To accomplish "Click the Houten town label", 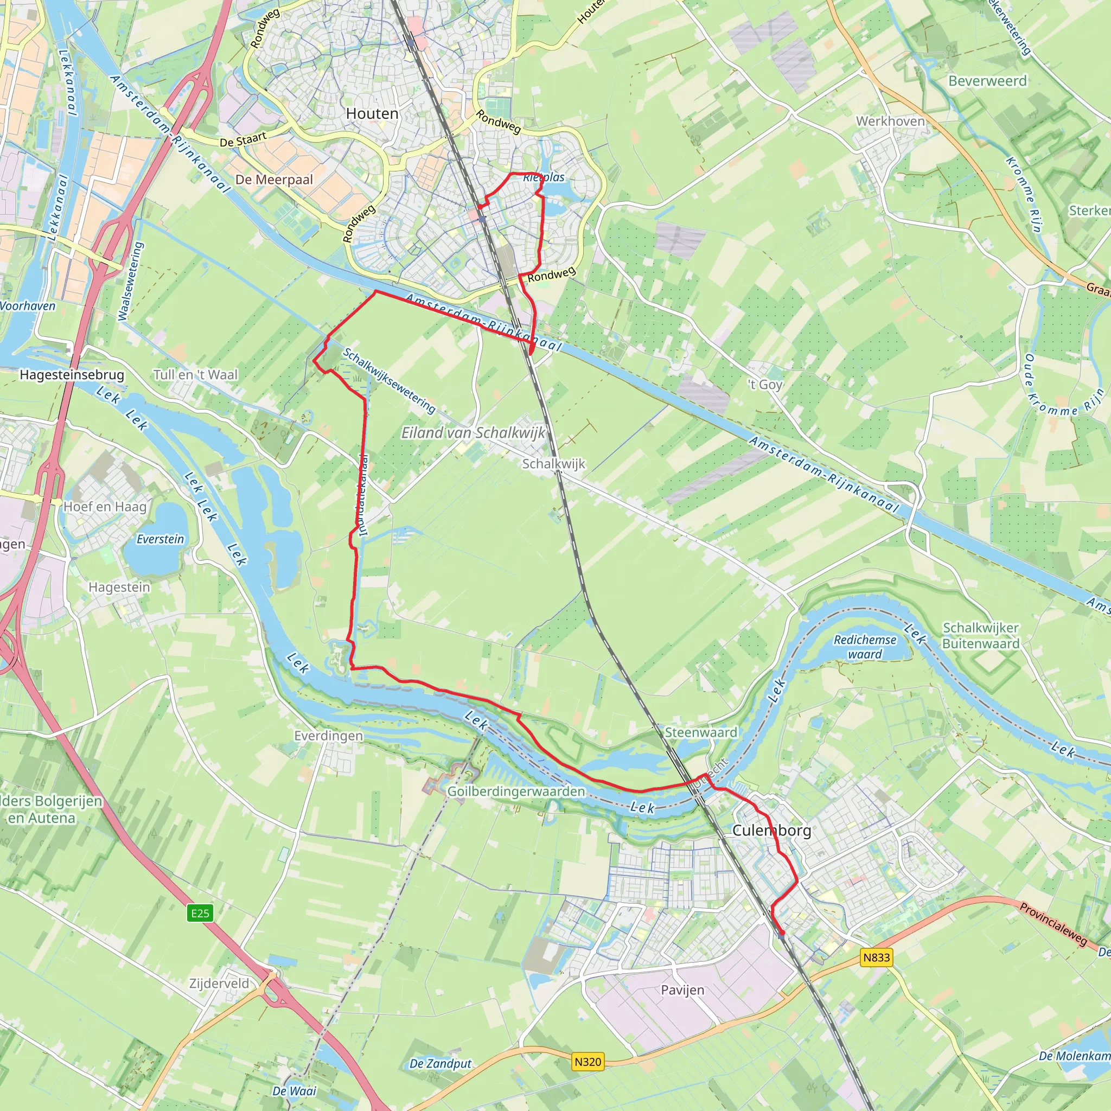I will coord(372,114).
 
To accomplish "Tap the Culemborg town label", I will coord(772,830).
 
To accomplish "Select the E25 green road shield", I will coord(200,913).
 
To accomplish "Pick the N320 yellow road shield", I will coord(588,1062).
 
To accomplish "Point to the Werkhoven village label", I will coord(890,122).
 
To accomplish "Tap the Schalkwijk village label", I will coord(553,463).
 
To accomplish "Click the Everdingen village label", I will coord(328,736).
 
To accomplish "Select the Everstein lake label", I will coord(161,539).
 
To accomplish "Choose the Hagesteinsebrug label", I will coord(72,375).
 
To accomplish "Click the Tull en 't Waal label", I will coord(195,375).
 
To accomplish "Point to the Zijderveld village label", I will coord(219,984).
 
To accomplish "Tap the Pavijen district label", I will coord(682,990).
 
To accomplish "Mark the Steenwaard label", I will coord(700,732).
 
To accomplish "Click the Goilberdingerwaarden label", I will coord(516,792).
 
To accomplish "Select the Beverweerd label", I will coord(987,81).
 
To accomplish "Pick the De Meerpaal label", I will coord(274,180).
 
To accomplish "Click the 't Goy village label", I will coord(765,384).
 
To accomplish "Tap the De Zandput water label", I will coord(440,1064).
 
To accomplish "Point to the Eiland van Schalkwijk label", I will coord(473,432).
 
